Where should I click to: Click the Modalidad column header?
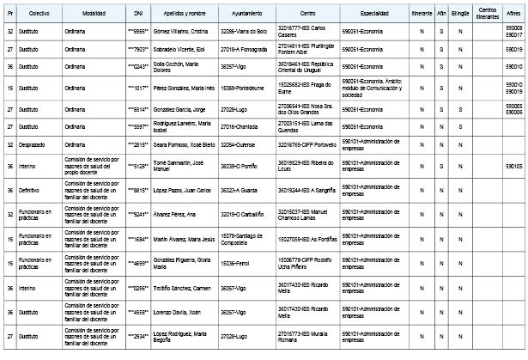click(x=94, y=15)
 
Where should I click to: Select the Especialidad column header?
click(x=374, y=15)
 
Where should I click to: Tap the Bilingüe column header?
click(x=460, y=15)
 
